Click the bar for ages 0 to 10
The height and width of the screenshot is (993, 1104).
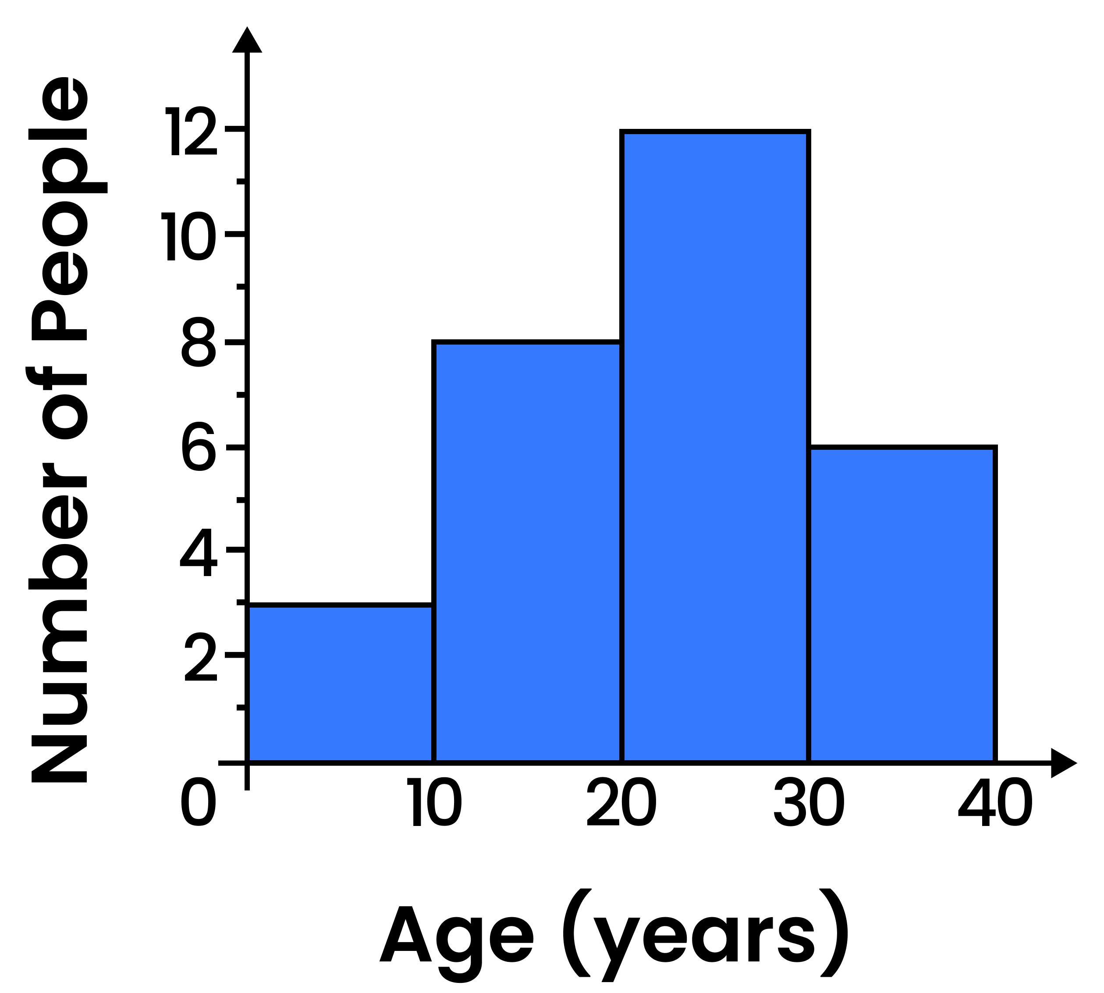point(341,683)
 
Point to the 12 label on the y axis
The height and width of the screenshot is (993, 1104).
point(191,131)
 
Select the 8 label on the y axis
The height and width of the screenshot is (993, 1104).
point(199,342)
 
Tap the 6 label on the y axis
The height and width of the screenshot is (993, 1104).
point(199,446)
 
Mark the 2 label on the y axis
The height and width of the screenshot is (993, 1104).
point(200,656)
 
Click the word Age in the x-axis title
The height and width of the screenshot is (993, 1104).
point(456,936)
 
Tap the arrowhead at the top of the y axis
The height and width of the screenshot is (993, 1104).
point(247,41)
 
